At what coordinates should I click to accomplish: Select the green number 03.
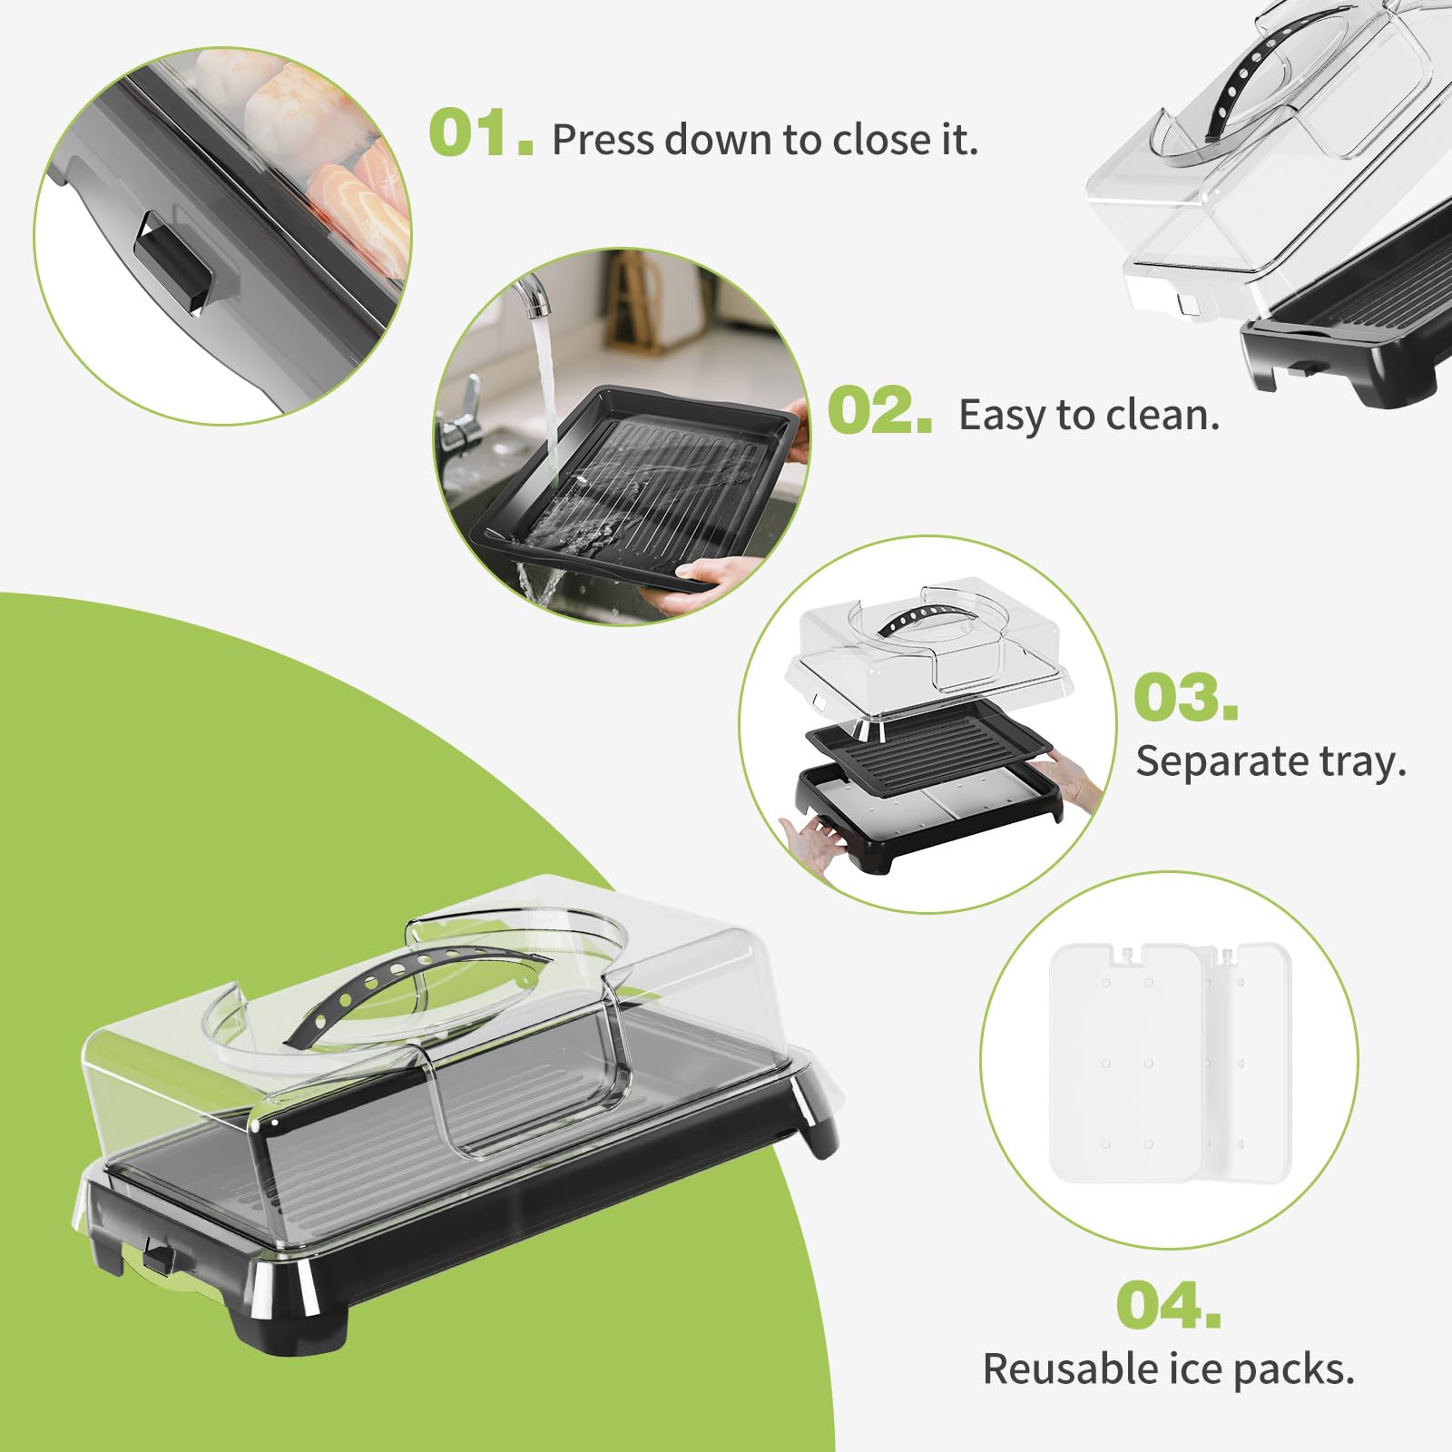coord(1186,697)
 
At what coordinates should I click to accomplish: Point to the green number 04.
coord(1169,1304)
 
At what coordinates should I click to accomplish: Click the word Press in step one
coord(603,140)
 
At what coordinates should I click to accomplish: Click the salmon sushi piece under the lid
coord(364,204)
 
